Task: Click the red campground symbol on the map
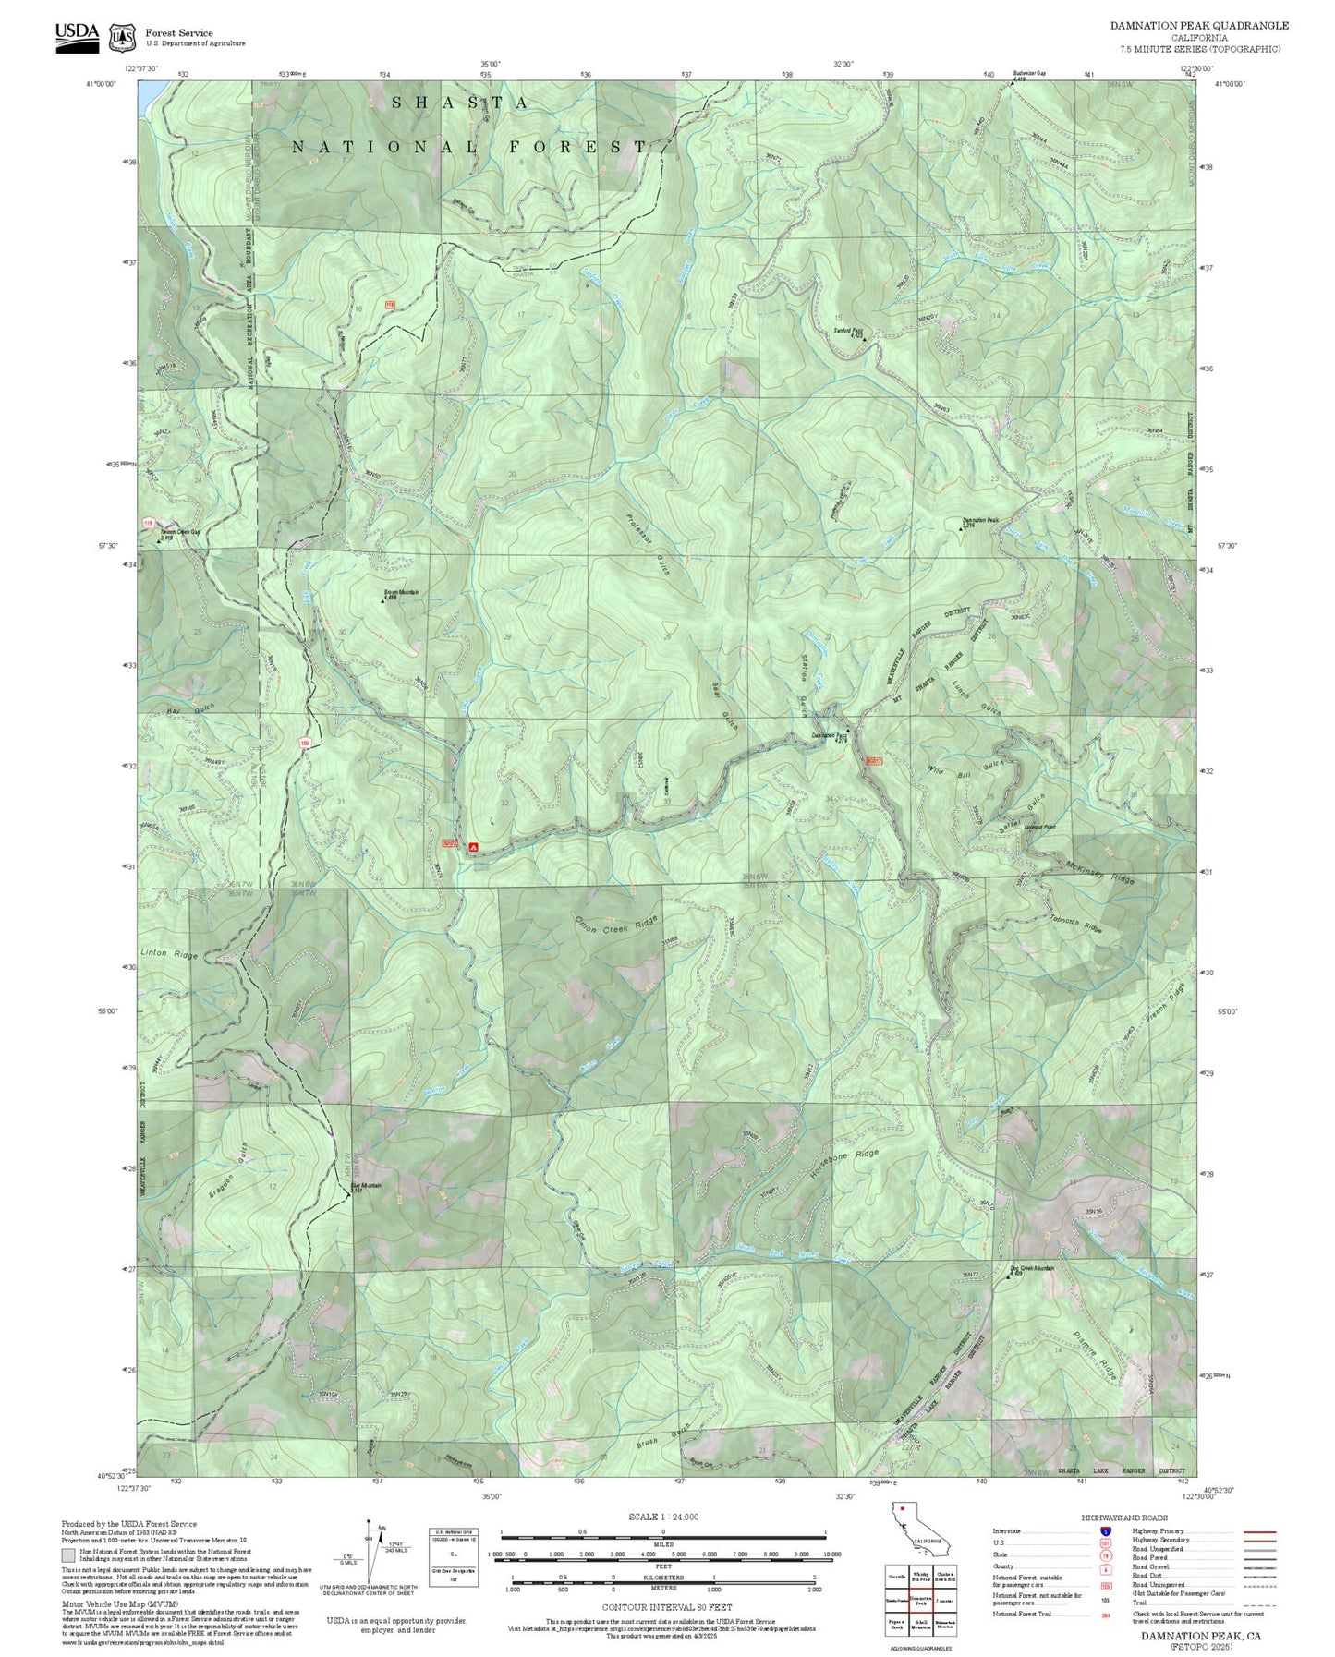(x=474, y=846)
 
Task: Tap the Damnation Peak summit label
(x=981, y=521)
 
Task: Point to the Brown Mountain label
(x=402, y=593)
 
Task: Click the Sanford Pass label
(x=848, y=331)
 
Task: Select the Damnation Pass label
(x=830, y=736)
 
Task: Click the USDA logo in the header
(x=77, y=37)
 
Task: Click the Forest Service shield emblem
(x=122, y=38)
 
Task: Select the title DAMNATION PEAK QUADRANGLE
(x=1199, y=26)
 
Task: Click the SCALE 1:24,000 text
(x=663, y=1517)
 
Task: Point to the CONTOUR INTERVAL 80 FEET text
(x=666, y=1607)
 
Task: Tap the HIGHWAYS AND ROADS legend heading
(x=1123, y=1518)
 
